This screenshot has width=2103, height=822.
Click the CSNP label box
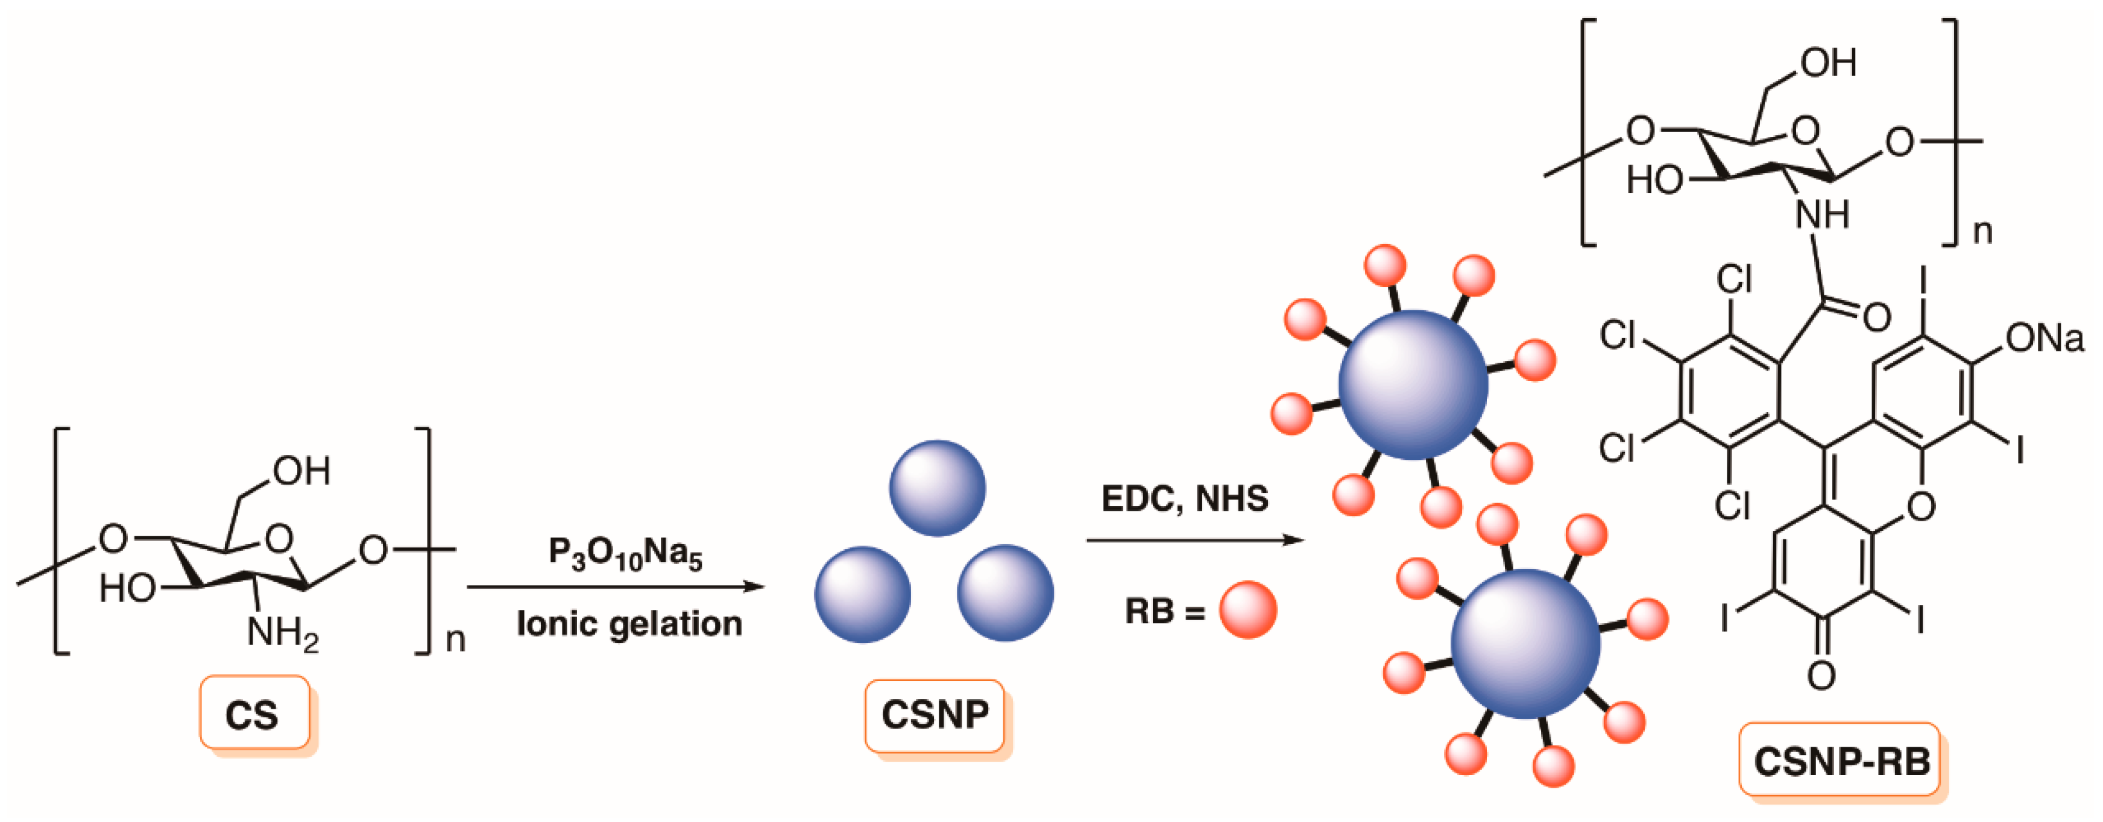pos(935,715)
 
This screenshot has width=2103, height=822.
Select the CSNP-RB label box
pos(1841,760)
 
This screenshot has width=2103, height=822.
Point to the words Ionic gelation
pos(629,624)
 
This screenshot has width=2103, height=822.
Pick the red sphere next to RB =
pos(1247,610)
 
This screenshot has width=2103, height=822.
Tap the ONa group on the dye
pos(2043,338)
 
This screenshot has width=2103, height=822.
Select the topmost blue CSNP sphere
pos(937,488)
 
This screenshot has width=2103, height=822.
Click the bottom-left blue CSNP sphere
pos(862,594)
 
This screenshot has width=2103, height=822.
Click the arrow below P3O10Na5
pos(616,586)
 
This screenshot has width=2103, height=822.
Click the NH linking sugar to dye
pos(1822,215)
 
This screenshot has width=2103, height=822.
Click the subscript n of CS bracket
pos(455,640)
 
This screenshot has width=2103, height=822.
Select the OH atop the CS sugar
pos(301,471)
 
